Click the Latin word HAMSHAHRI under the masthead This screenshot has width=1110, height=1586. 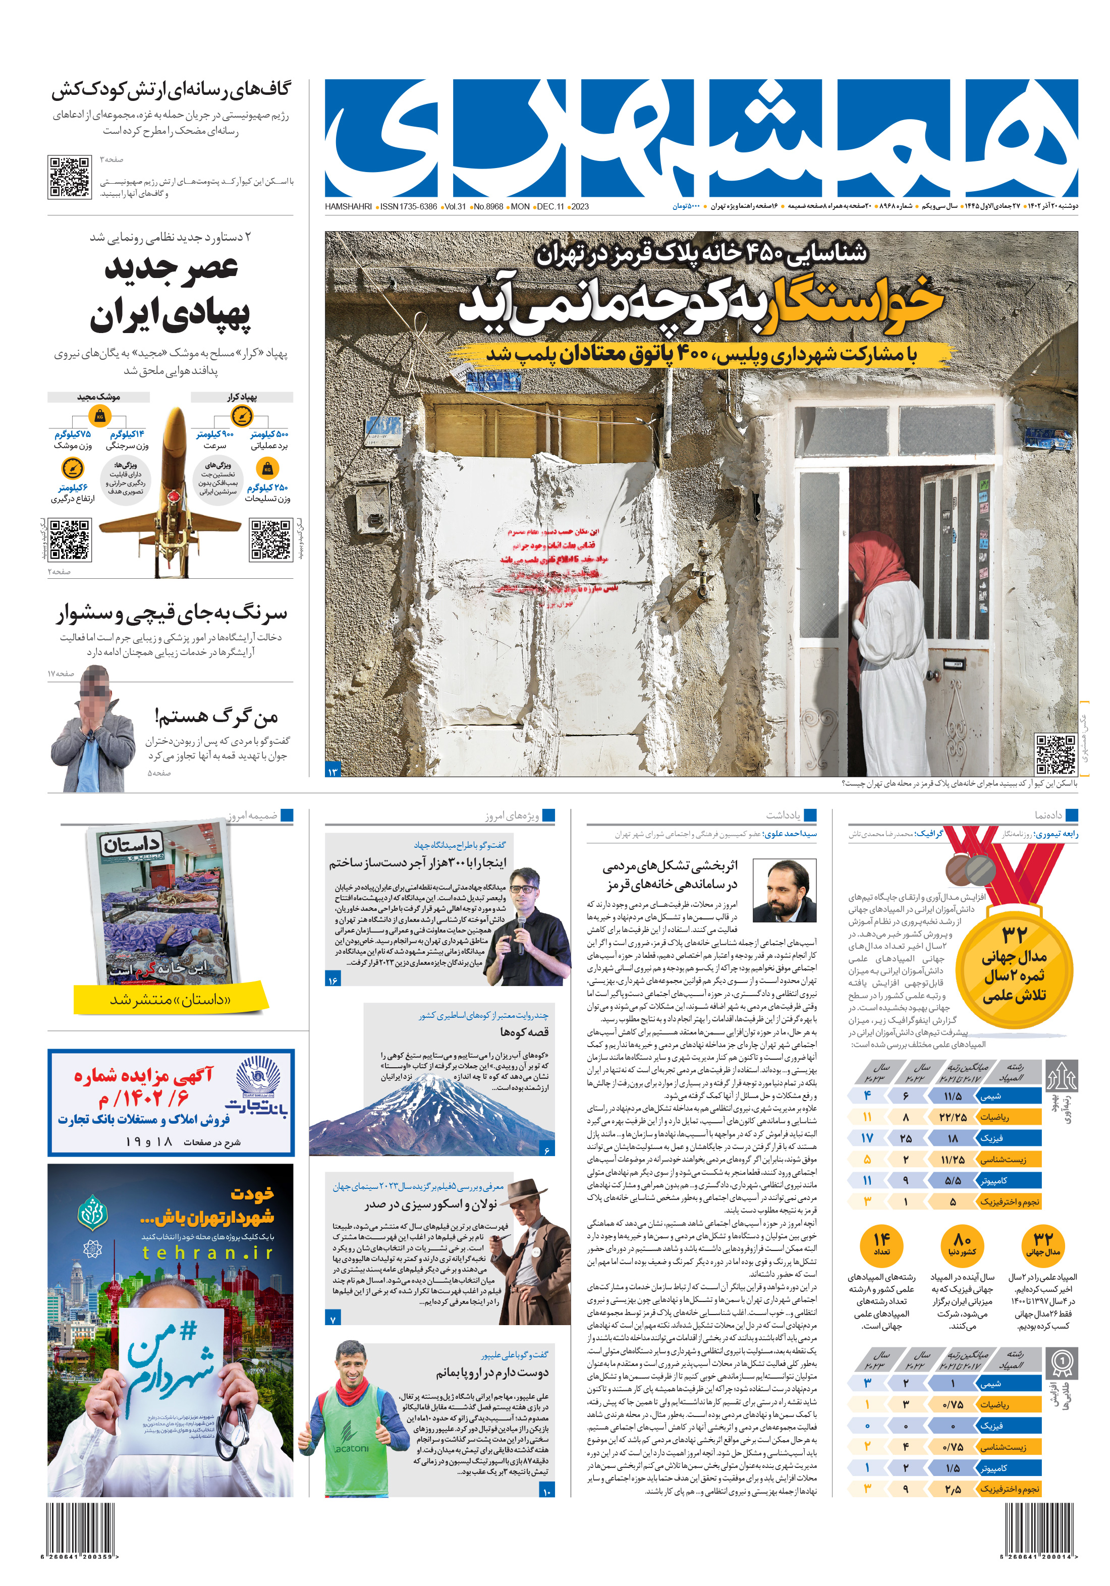pos(348,206)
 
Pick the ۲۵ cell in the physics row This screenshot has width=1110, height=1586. pos(906,1138)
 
